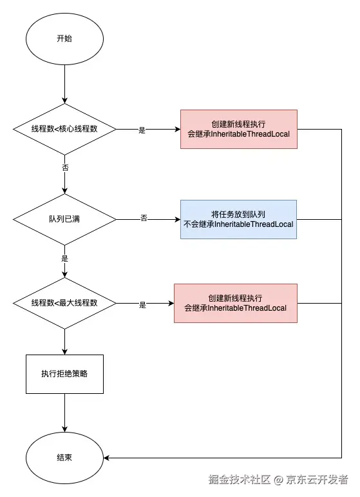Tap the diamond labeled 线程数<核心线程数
coord(64,129)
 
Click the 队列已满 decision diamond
coord(64,219)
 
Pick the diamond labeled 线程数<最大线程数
coord(64,303)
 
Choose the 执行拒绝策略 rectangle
coord(64,374)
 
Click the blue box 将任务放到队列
coord(238,219)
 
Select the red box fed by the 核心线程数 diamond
coord(238,129)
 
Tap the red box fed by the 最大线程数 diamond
coord(235,303)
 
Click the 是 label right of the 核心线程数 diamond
coord(142,130)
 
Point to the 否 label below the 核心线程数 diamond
coord(64,167)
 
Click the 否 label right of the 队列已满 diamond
coord(144,219)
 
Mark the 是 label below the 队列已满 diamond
coord(64,258)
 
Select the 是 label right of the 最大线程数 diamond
coord(142,304)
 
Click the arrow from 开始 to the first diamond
coord(64,84)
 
